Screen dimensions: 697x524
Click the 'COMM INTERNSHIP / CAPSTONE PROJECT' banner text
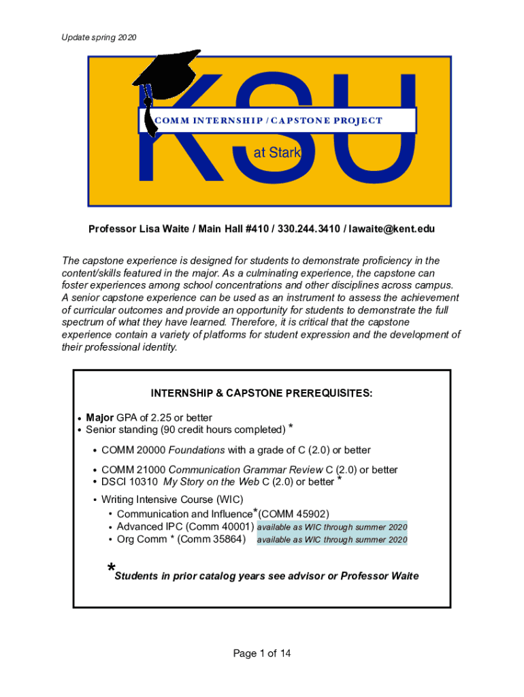pyautogui.click(x=269, y=120)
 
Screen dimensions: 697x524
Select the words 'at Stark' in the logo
pyautogui.click(x=276, y=154)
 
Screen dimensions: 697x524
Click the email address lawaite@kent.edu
pyautogui.click(x=392, y=229)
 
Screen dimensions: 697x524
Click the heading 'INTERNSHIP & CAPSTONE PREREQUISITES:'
pyautogui.click(x=261, y=393)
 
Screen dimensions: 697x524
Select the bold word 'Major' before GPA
pyautogui.click(x=100, y=417)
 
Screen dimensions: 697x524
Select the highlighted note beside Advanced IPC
pyautogui.click(x=332, y=527)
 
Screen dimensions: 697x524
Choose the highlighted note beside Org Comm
pyautogui.click(x=332, y=540)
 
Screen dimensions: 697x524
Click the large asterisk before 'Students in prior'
pyautogui.click(x=110, y=569)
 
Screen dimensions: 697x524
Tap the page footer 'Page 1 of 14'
pyautogui.click(x=262, y=653)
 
